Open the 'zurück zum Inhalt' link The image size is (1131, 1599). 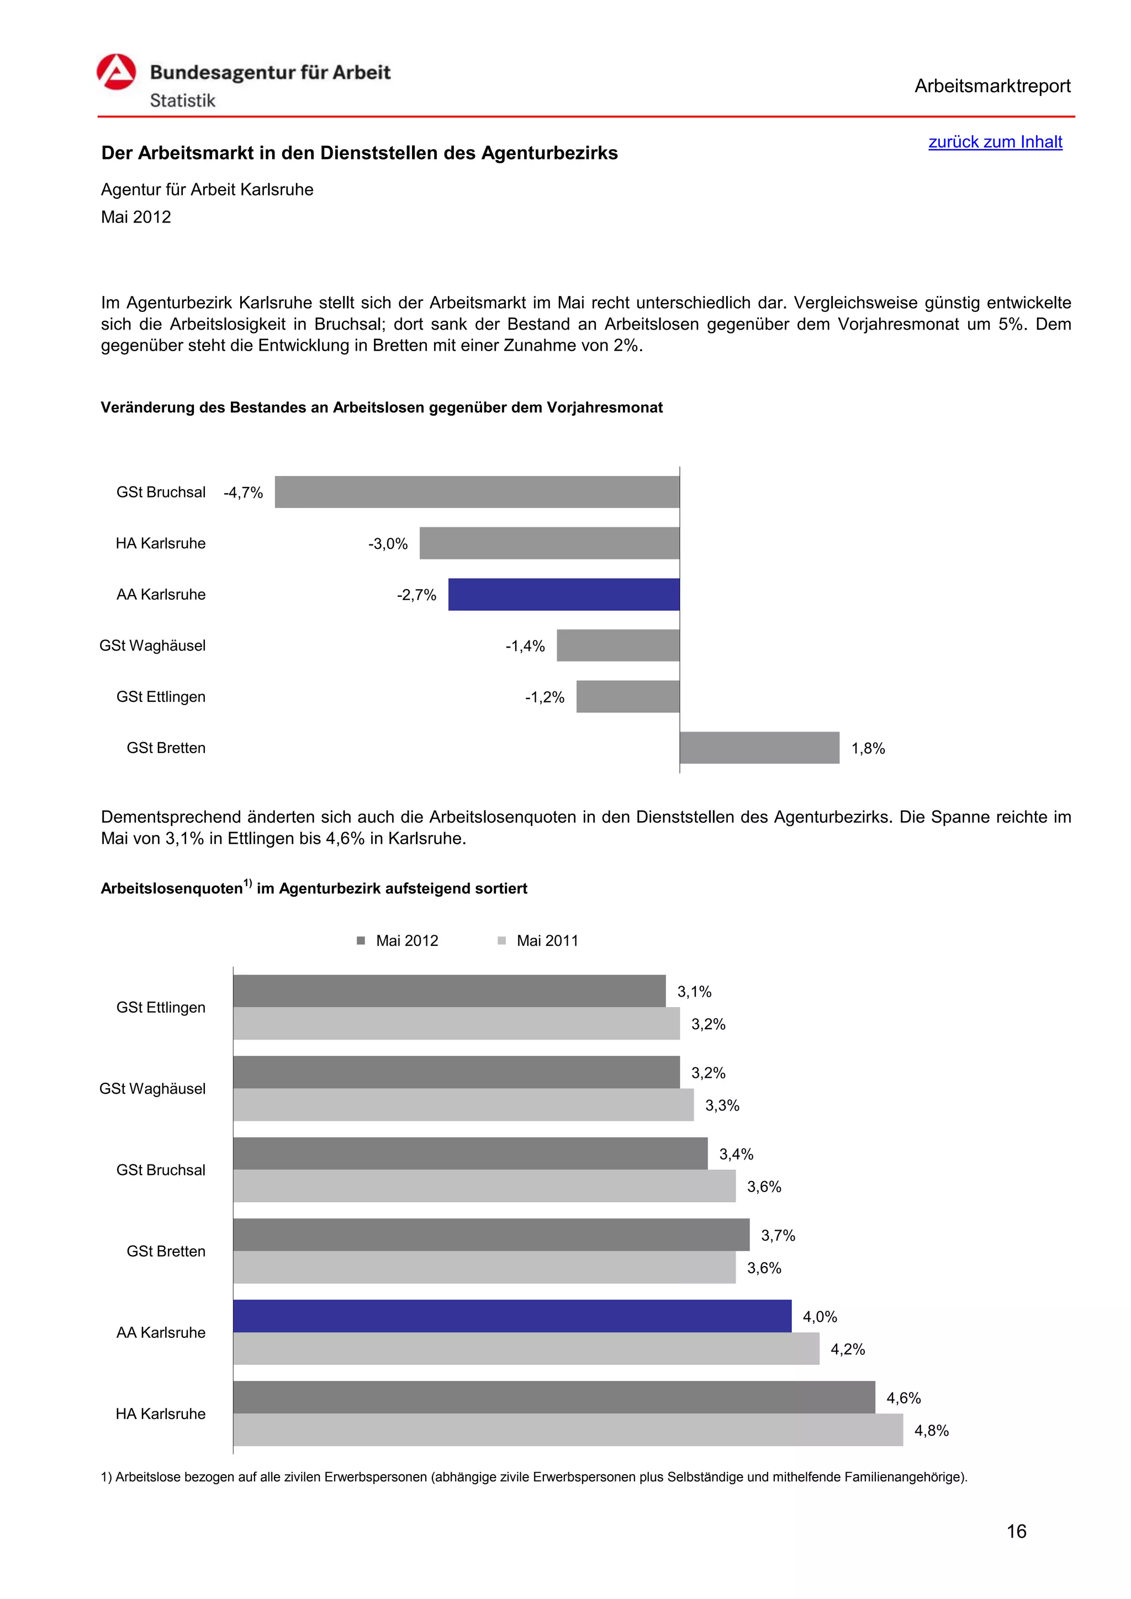tap(995, 142)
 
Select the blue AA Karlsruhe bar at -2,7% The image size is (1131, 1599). tap(563, 594)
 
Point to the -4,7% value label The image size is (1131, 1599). tap(243, 493)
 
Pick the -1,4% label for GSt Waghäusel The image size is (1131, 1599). tap(525, 647)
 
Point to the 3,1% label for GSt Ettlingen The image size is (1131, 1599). tap(694, 992)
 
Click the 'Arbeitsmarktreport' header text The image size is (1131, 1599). tap(992, 86)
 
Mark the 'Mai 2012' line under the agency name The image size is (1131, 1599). tap(136, 218)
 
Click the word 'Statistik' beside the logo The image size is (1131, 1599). tap(182, 101)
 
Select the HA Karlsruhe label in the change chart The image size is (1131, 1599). tap(160, 543)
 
